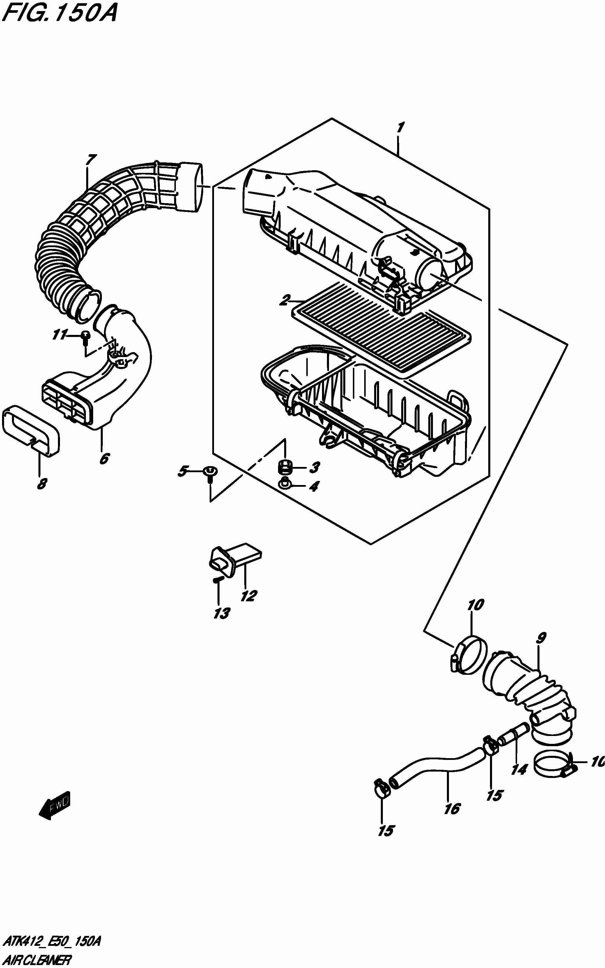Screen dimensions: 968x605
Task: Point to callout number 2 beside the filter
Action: (285, 300)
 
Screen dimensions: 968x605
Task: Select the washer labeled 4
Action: (284, 485)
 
